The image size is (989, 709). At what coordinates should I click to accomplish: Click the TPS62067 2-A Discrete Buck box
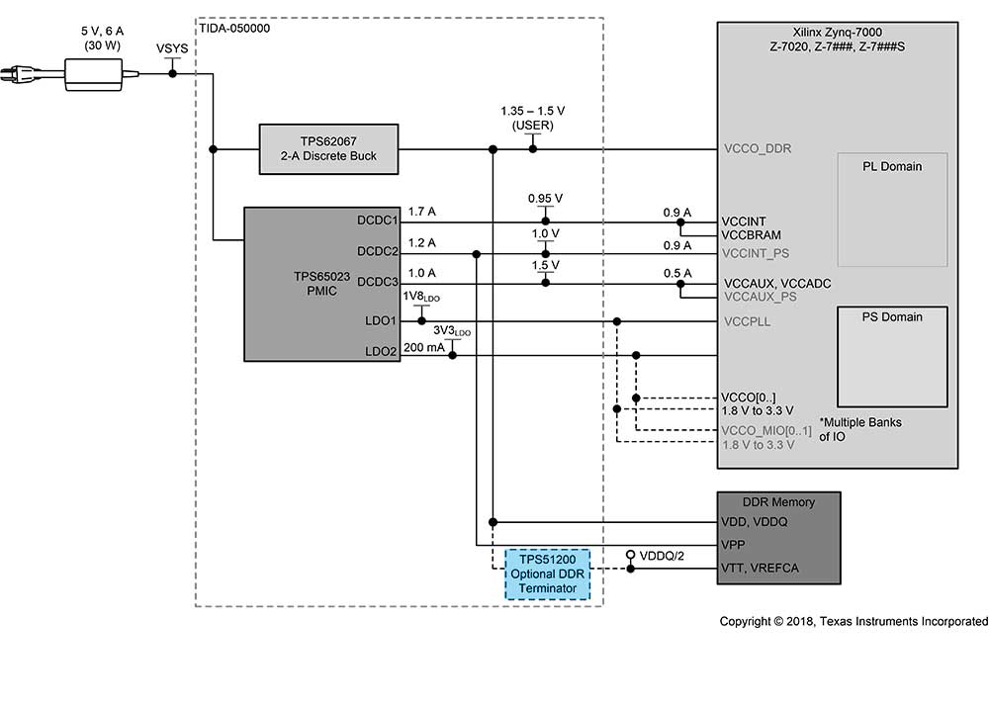(x=328, y=149)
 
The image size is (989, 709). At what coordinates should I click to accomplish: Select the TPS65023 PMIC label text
(x=321, y=283)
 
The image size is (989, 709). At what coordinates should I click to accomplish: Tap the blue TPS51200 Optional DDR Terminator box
(x=548, y=574)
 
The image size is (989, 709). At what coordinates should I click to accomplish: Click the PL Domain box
(x=892, y=210)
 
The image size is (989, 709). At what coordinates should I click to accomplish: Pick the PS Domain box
(x=892, y=356)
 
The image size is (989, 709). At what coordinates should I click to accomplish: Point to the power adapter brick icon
(x=93, y=75)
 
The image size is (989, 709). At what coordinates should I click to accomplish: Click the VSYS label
(x=172, y=48)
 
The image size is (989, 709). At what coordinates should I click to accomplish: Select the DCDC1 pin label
(x=377, y=221)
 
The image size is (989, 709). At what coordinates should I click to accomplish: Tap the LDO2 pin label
(x=381, y=351)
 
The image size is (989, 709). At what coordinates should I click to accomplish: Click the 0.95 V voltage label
(x=545, y=198)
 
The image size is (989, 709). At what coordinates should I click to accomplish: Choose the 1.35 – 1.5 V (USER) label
(x=533, y=118)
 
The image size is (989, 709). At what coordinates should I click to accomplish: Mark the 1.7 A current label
(x=422, y=212)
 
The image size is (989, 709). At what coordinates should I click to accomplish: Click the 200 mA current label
(x=424, y=347)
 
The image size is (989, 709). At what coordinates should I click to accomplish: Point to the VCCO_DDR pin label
(x=758, y=149)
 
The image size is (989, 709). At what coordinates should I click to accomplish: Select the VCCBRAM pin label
(x=752, y=235)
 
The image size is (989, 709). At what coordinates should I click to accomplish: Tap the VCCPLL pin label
(x=748, y=321)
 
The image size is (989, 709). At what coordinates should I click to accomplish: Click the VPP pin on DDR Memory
(x=733, y=545)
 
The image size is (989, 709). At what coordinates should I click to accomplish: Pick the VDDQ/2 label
(x=662, y=556)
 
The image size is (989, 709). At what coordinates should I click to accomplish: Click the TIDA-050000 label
(x=234, y=29)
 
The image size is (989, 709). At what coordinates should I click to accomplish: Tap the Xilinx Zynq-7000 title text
(x=837, y=33)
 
